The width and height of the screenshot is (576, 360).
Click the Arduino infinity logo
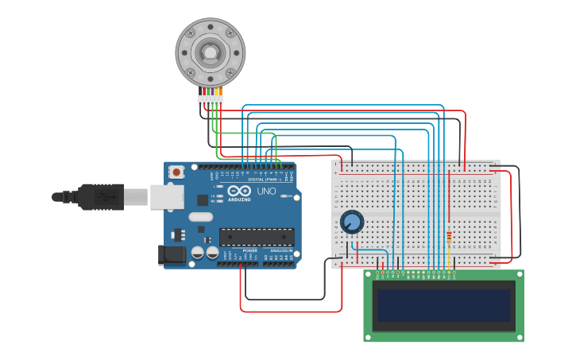click(x=238, y=191)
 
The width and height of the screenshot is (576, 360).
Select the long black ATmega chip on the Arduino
click(x=257, y=236)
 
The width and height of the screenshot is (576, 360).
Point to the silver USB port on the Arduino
click(x=167, y=197)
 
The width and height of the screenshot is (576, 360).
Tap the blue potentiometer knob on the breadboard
click(x=351, y=222)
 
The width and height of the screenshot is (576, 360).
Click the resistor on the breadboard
click(x=450, y=238)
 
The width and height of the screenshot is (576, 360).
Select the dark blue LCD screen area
click(x=443, y=305)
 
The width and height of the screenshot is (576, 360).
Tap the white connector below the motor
click(x=211, y=100)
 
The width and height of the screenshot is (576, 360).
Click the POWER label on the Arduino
click(x=249, y=250)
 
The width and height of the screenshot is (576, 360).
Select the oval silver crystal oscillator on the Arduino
click(x=201, y=216)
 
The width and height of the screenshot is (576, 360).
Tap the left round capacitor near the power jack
click(x=197, y=252)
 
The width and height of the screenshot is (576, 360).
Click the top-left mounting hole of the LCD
click(x=369, y=275)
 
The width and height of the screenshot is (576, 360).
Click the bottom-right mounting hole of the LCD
click(x=519, y=337)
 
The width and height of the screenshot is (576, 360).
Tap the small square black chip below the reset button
click(x=203, y=200)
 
